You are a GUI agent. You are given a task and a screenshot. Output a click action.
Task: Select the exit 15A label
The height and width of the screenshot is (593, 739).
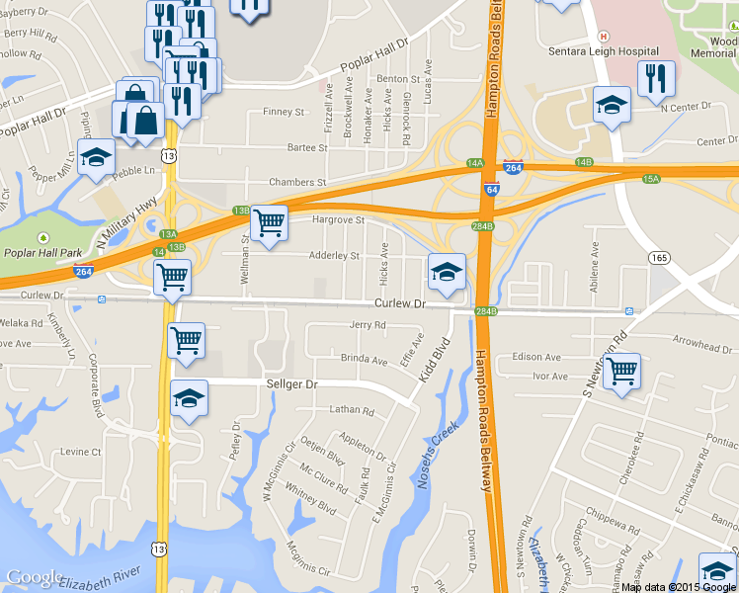pos(651,179)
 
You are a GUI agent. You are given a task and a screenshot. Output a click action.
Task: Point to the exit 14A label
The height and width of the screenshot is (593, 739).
pos(475,163)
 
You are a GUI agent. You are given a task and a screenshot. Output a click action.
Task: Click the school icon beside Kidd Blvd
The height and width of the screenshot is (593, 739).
pos(447,272)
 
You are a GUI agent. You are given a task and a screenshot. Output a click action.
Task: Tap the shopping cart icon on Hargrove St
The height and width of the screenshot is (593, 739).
pos(269,222)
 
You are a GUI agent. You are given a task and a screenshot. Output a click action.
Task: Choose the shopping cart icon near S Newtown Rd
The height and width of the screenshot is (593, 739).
pos(621,372)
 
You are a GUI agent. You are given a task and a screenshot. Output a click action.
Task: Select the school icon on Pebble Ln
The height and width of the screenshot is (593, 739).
pos(96,159)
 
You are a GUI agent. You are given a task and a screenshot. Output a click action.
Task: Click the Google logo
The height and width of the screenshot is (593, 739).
pos(35,578)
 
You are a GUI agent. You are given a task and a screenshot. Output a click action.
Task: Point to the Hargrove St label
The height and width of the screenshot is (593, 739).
pos(339,219)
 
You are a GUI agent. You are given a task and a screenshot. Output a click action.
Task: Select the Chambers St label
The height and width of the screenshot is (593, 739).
pos(297,183)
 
